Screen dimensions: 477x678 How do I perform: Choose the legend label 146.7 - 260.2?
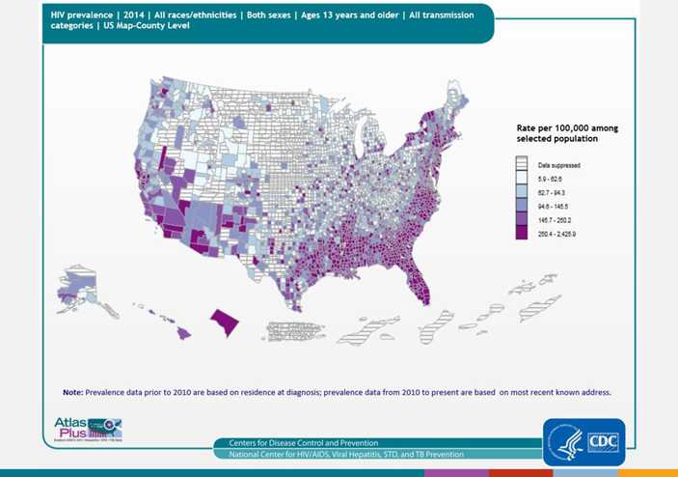pyautogui.click(x=557, y=219)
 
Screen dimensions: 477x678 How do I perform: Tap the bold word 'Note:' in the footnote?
pyautogui.click(x=72, y=392)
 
